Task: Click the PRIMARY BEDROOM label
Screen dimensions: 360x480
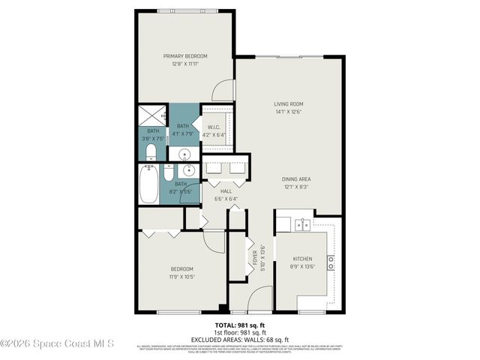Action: (x=185, y=55)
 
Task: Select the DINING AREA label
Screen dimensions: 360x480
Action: (x=296, y=178)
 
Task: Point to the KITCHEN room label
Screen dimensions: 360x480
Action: (x=301, y=259)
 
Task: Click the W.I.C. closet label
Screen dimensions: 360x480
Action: (x=213, y=127)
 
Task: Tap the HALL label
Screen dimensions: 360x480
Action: (x=226, y=191)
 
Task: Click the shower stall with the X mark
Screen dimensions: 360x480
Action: (x=152, y=116)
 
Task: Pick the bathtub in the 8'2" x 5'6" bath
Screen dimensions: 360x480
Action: (x=148, y=184)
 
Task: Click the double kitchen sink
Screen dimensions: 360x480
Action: (x=302, y=224)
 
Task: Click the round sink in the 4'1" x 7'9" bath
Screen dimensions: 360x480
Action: (x=183, y=154)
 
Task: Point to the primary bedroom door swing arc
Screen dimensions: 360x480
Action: (x=223, y=89)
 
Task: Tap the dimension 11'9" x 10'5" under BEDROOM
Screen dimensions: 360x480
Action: (x=181, y=277)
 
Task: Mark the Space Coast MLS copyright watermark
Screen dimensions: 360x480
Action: (x=57, y=344)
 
